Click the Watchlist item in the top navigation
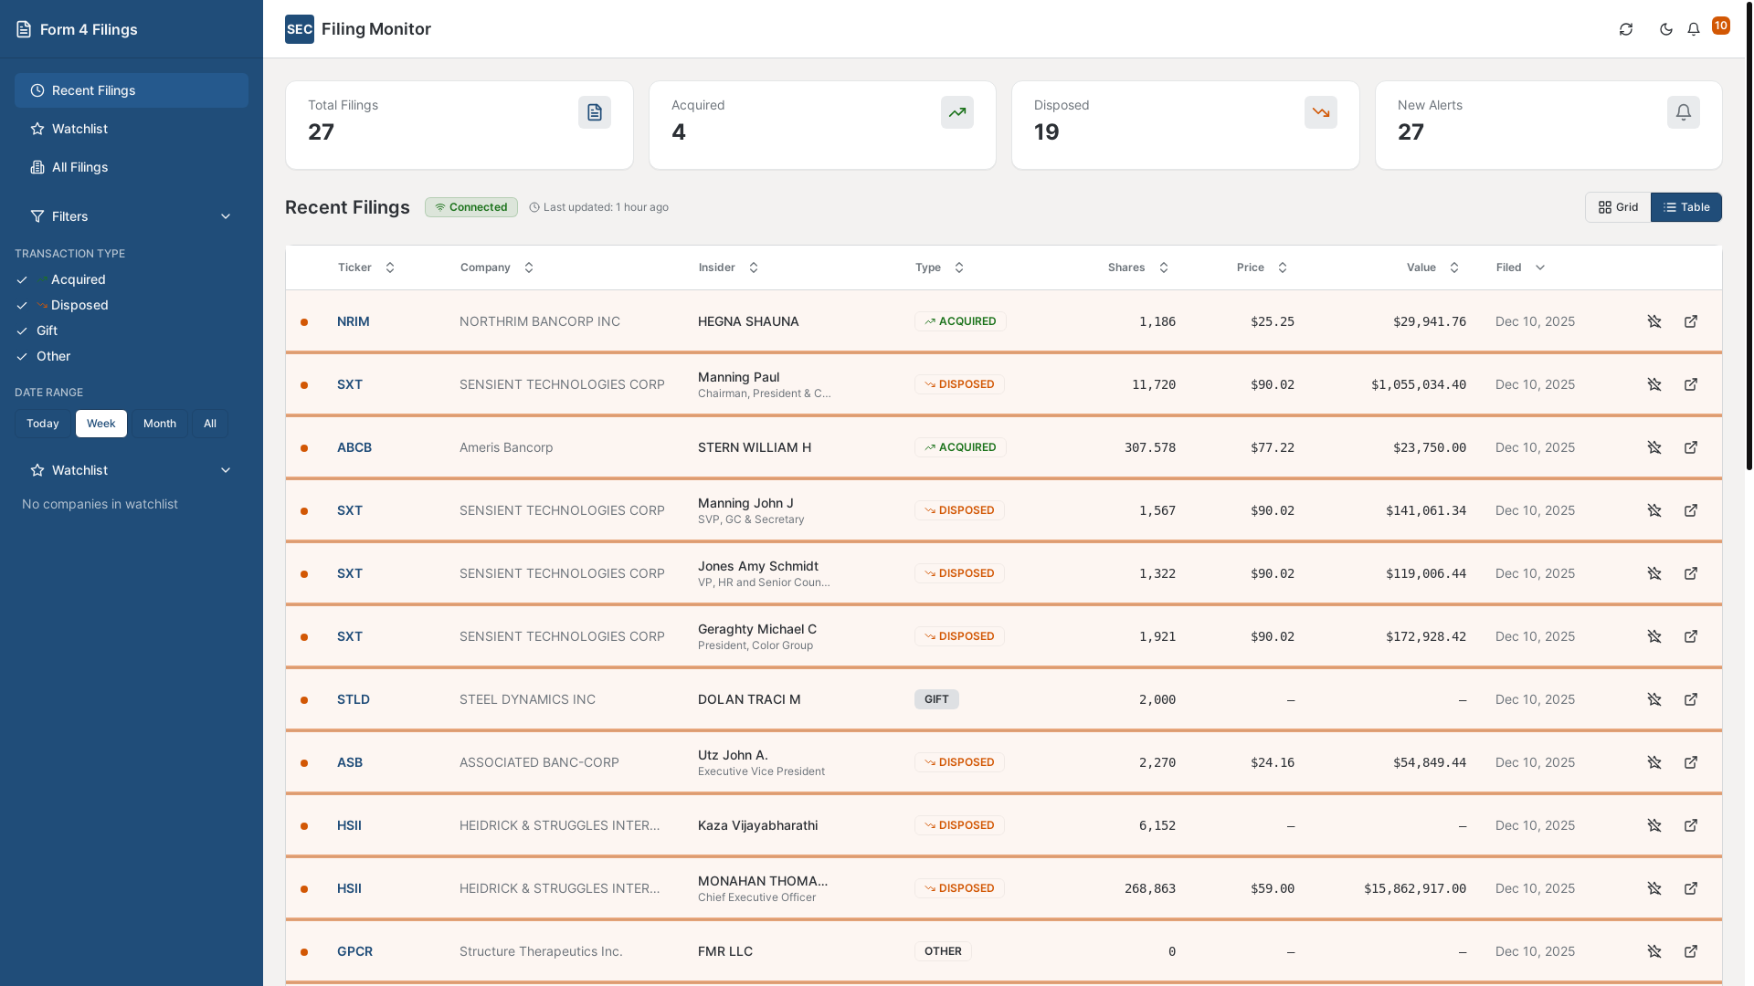click(x=79, y=129)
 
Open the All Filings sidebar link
click(x=79, y=167)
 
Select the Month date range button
click(x=159, y=424)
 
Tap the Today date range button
click(x=43, y=424)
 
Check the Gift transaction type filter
click(x=47, y=330)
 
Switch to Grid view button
click(x=1618, y=207)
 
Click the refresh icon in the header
click(x=1626, y=29)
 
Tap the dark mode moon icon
click(x=1666, y=29)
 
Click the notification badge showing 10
click(x=1720, y=26)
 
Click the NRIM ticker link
click(x=353, y=321)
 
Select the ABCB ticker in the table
click(x=354, y=447)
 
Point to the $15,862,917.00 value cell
click(x=1414, y=888)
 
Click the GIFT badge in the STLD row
click(x=936, y=699)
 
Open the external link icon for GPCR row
click(x=1691, y=951)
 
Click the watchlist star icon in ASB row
click(x=1654, y=762)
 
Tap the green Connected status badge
click(x=471, y=207)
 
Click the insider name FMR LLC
click(x=725, y=951)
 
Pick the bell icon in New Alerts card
click(x=1683, y=112)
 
